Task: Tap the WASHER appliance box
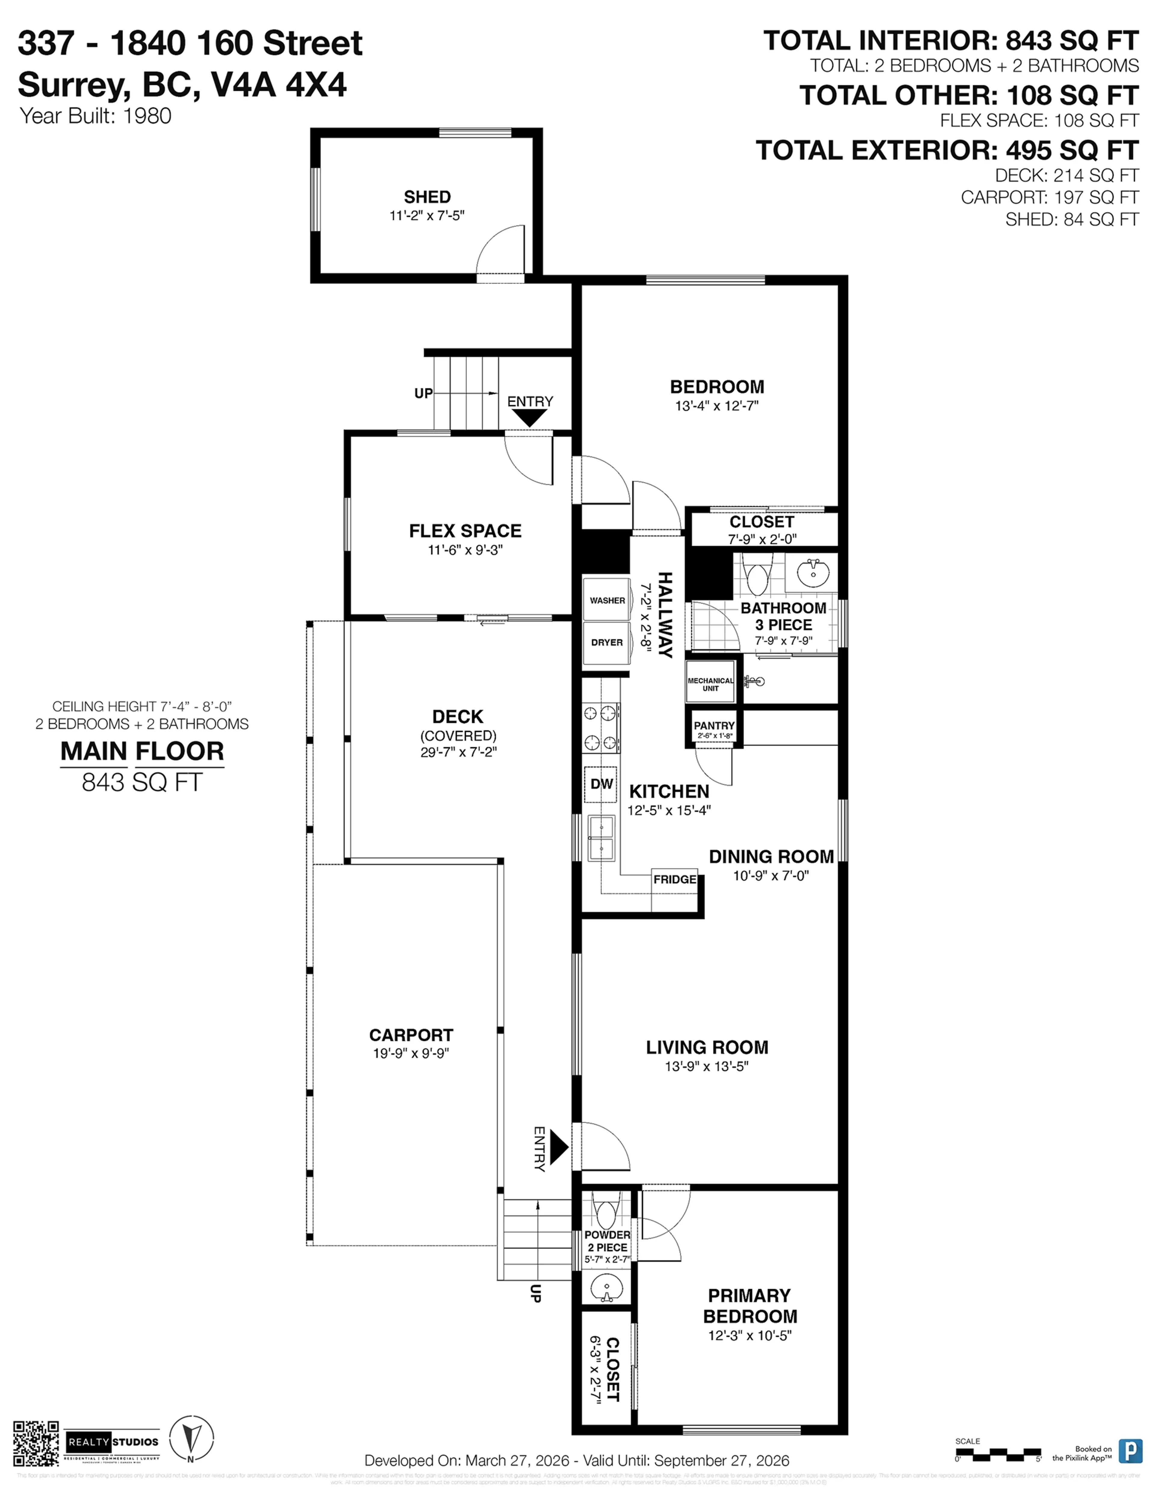[x=607, y=600]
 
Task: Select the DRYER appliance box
[x=607, y=642]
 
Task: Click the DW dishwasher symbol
[x=601, y=784]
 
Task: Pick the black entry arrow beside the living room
[x=558, y=1147]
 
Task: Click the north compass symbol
[x=191, y=1439]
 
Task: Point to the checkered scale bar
[x=998, y=1453]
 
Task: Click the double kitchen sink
[x=601, y=838]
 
